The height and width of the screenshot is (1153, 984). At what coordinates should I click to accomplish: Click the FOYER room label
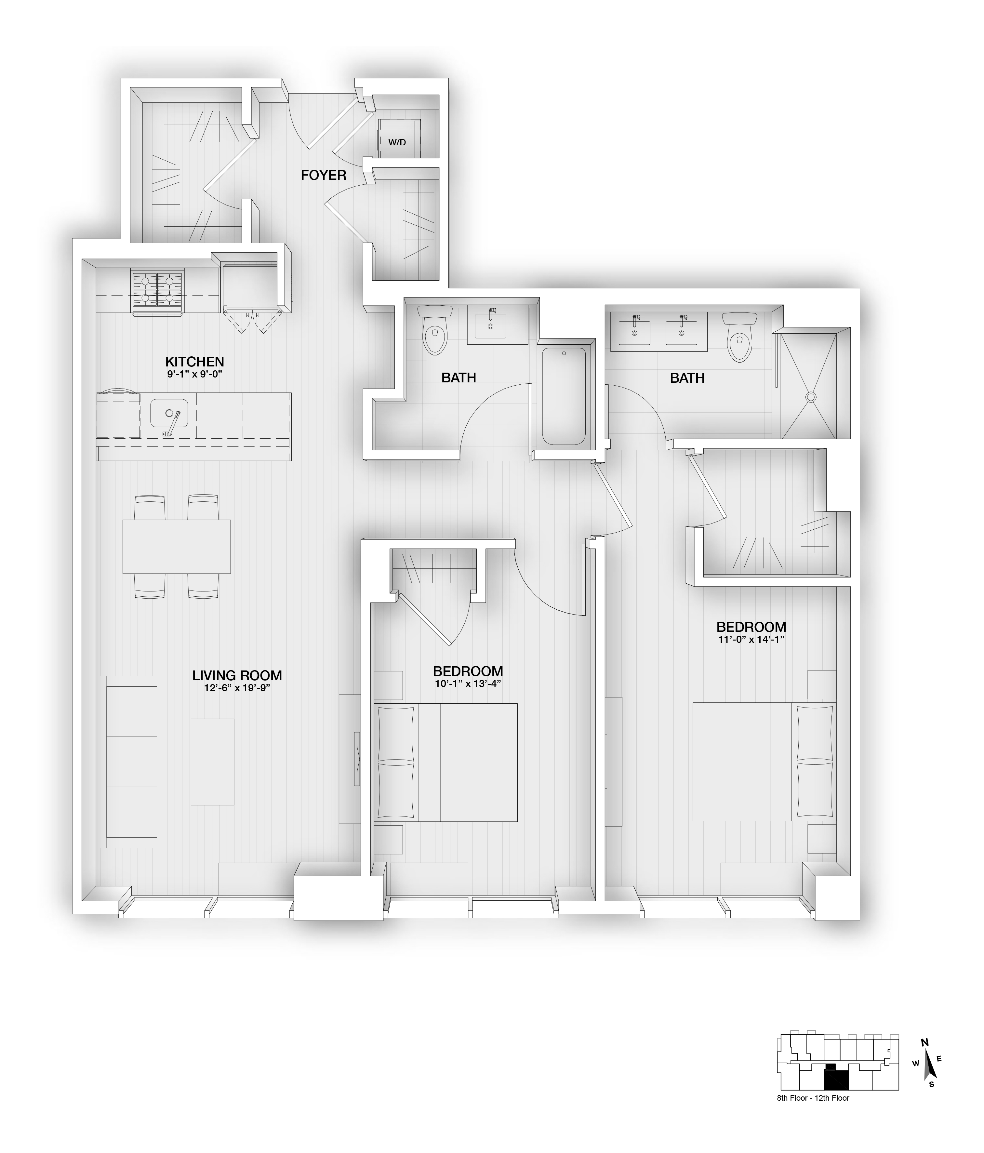coord(323,175)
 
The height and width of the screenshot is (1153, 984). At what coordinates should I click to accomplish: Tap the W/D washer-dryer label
coord(397,142)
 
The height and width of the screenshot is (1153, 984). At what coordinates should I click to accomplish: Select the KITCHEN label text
coord(195,362)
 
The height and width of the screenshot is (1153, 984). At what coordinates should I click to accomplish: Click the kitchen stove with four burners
coord(157,293)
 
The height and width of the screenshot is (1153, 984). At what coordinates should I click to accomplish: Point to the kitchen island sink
coord(169,414)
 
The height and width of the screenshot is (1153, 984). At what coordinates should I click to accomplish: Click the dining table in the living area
coord(177,547)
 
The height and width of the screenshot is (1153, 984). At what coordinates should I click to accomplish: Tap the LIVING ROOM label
coord(237,676)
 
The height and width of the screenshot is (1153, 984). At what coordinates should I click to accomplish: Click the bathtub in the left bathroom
coord(564,397)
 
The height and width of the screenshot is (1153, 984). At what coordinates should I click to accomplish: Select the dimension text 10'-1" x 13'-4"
coord(468,684)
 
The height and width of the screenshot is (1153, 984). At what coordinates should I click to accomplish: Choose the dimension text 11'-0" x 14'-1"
coord(751,639)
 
